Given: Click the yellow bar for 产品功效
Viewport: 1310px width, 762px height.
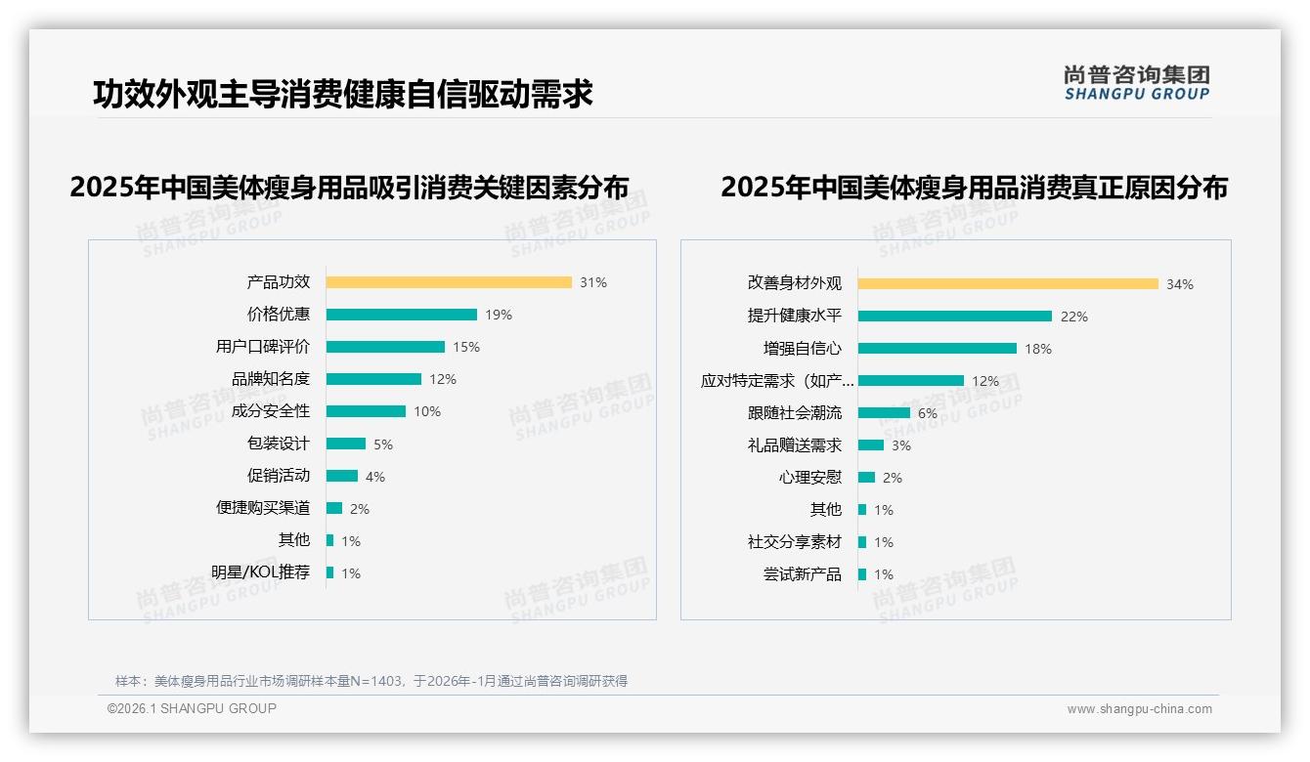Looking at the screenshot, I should click(449, 282).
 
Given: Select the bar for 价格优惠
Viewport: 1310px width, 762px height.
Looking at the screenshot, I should click(401, 315).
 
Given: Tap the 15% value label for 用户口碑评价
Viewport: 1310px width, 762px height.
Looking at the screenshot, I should click(466, 347).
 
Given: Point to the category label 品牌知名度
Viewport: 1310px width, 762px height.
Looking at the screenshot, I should click(271, 379).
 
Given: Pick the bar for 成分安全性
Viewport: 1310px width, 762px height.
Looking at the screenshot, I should click(366, 411).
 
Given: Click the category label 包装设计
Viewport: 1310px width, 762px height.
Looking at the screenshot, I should click(279, 444).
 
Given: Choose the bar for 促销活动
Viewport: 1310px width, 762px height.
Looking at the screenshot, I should click(342, 476).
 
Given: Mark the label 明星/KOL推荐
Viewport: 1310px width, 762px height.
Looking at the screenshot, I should click(261, 572).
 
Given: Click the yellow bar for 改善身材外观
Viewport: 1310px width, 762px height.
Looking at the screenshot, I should click(1008, 284).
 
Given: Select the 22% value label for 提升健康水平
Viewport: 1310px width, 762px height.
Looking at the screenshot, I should click(1074, 317).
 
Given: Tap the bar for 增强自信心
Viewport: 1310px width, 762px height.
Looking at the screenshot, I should click(938, 349).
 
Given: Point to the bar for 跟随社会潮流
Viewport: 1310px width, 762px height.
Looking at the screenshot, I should click(884, 413).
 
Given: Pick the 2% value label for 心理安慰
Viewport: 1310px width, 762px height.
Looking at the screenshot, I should click(893, 478).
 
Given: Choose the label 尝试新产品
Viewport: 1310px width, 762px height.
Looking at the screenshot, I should click(803, 574).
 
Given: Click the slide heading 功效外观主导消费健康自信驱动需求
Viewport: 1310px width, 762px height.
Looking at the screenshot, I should click(343, 95).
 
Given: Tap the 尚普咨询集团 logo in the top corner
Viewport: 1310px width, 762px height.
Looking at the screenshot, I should click(1137, 83).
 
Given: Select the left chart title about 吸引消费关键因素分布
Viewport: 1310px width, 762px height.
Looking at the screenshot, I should click(349, 188).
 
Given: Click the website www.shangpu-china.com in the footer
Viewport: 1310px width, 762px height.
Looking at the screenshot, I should click(1139, 709).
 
